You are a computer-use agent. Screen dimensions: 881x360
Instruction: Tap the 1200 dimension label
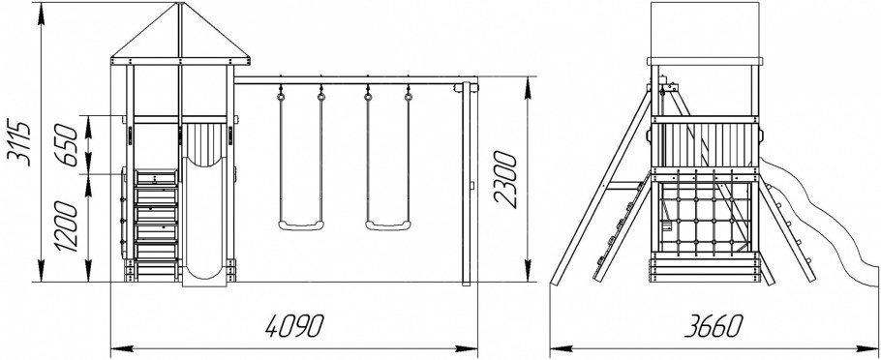pos(66,225)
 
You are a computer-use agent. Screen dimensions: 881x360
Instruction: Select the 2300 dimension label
pos(504,179)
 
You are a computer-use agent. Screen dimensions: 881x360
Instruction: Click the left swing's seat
pos(301,225)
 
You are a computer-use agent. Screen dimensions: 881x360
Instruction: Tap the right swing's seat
pos(388,225)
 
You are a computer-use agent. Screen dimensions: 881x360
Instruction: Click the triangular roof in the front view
pos(180,33)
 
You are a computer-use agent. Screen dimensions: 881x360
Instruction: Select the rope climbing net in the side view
pos(706,218)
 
